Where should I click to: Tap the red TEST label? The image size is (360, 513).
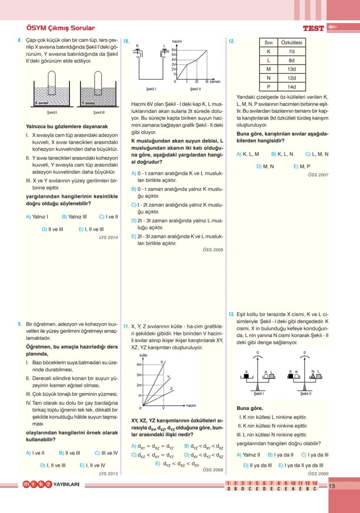coord(313,28)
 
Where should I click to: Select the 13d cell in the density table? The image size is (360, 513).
coord(291,69)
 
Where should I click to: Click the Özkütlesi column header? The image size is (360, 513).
coord(291,43)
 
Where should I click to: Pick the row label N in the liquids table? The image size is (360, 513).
coord(268,78)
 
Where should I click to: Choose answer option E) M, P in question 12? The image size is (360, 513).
coord(302,166)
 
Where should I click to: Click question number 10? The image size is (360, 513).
coord(126,41)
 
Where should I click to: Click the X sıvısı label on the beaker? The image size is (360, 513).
coord(42,103)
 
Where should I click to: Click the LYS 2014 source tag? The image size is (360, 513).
coord(108,237)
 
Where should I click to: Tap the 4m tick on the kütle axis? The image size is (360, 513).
coord(140,364)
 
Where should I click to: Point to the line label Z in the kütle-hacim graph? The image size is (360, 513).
coord(171,388)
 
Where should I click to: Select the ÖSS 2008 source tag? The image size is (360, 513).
coord(213,470)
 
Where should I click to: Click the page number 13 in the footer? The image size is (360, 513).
coord(332,486)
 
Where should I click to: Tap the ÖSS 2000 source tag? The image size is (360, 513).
coord(318,473)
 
